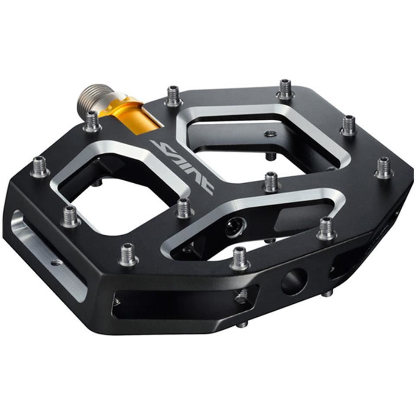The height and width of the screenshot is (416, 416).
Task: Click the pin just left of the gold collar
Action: tap(92, 121)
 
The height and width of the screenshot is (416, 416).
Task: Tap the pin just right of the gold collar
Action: tap(173, 96)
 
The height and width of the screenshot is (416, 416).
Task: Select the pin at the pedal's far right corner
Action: tap(384, 168)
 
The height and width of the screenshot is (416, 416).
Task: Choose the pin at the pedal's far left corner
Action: tap(40, 167)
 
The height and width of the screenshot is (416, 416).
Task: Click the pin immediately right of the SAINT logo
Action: tap(271, 182)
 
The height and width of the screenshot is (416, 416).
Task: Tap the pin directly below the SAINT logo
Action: tap(184, 208)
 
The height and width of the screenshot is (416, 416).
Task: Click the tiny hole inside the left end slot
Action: tap(55, 262)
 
